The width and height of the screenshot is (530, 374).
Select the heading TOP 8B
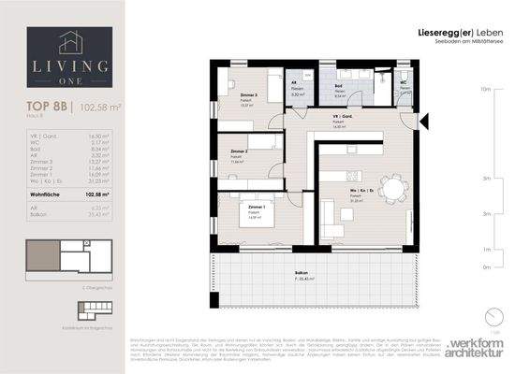pos(41,108)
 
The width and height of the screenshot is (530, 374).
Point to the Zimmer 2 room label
pos(239,151)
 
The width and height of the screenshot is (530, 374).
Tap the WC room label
pos(404,81)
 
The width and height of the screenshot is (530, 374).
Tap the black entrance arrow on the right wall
pos(424,119)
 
